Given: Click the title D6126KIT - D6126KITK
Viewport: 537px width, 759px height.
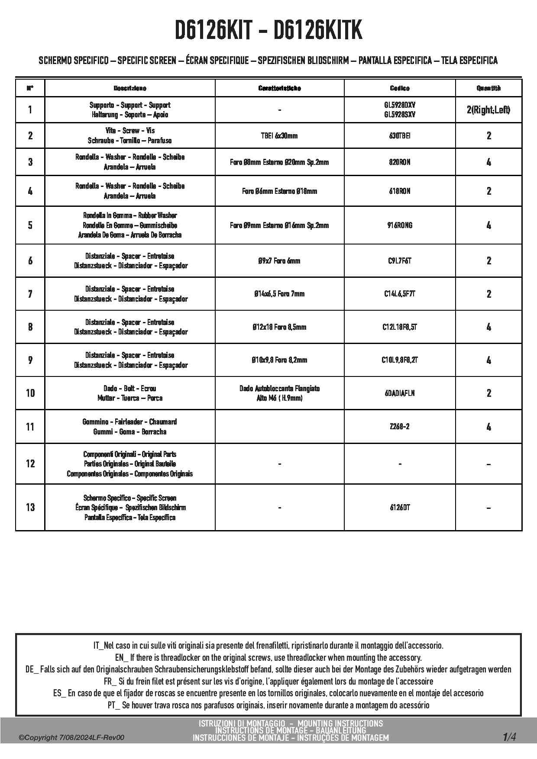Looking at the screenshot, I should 268,31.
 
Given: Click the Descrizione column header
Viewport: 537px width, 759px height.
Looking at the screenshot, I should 130,88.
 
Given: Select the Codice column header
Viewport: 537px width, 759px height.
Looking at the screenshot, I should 399,88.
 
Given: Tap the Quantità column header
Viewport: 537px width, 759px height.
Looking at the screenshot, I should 488,88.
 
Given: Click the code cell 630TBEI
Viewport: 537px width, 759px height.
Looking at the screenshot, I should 399,136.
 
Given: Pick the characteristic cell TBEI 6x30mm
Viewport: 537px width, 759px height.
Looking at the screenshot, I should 279,136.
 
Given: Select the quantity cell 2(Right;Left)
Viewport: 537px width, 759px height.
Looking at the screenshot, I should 488,110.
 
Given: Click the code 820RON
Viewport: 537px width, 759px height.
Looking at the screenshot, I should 399,162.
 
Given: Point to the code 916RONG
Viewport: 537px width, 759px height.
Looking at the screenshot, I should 399,225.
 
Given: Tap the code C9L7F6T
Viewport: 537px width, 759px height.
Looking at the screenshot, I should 399,261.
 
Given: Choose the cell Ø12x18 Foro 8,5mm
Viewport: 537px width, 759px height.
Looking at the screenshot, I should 279,327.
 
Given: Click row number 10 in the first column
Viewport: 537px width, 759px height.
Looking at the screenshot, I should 30,393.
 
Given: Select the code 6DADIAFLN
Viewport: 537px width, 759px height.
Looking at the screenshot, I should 399,393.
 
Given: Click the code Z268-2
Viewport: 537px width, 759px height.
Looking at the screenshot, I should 399,427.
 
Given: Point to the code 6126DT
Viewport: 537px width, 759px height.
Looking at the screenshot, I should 399,508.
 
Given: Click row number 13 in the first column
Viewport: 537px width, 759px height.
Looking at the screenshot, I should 30,508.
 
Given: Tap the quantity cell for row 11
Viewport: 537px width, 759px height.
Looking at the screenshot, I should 488,427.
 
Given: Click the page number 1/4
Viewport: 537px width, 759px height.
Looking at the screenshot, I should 509,737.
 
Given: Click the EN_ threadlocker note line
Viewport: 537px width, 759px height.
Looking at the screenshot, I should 268,658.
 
